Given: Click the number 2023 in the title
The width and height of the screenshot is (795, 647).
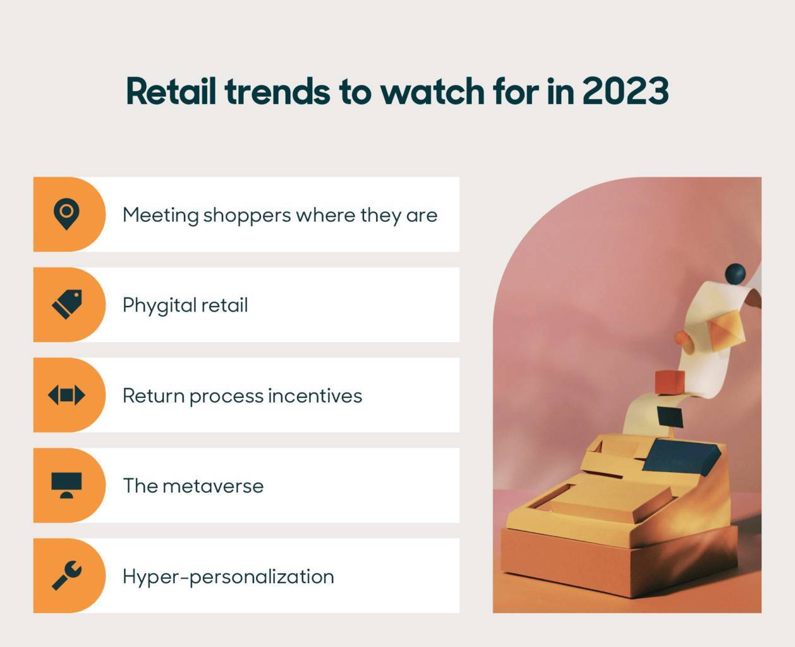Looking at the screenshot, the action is coord(626,91).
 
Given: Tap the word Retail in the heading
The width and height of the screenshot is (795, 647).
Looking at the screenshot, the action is coord(171,91).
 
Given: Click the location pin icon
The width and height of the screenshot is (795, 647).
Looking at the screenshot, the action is coord(66,214).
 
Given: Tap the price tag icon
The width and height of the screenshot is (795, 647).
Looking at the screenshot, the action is coord(67,304).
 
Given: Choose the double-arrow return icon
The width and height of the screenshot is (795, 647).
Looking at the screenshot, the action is coord(66,395).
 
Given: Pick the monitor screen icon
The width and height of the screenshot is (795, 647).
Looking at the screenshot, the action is coord(66,485).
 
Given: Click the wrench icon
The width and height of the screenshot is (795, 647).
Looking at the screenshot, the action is coord(67,576).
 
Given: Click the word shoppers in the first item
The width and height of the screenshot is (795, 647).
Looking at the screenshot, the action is coord(247,215).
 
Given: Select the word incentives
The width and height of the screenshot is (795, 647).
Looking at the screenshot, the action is coord(315,396).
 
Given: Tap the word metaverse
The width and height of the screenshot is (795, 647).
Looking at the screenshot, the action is coord(213,487).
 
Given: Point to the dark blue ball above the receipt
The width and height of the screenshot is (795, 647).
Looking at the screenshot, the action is coord(736,274).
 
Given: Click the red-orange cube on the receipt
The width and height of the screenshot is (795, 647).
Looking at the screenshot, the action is coord(670,382).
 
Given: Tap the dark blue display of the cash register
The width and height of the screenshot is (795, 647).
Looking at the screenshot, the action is coord(681,457).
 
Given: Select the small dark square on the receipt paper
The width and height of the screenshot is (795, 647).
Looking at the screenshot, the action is coord(671,417).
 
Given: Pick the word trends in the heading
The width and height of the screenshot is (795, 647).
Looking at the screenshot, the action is coord(277,91).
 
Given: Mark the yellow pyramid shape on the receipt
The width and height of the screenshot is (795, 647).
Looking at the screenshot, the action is coord(725,330).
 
